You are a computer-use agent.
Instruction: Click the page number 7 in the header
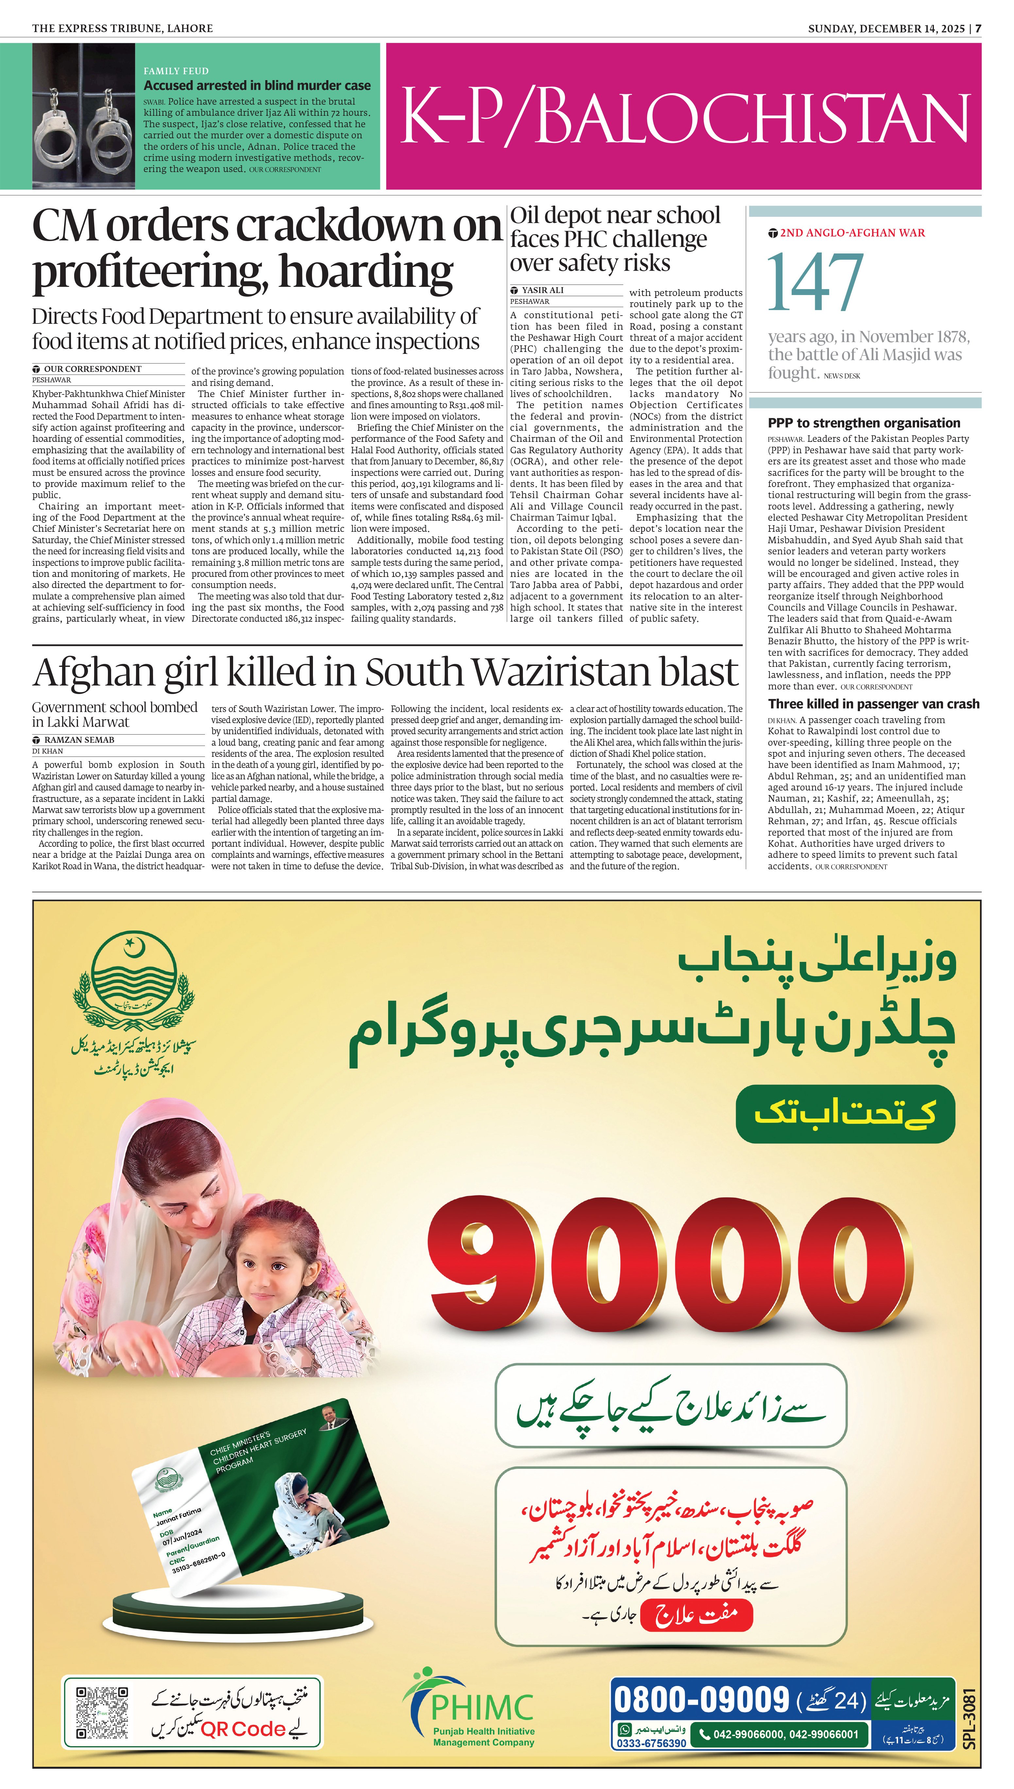(978, 28)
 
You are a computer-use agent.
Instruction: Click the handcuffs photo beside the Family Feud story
(84, 116)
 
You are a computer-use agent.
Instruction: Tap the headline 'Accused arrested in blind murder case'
(257, 86)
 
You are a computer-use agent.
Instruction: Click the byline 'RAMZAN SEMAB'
(79, 739)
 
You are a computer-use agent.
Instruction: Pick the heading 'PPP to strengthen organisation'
(864, 423)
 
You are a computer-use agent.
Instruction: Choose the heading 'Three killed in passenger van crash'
(873, 704)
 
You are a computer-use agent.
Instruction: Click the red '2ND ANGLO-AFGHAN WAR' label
(852, 233)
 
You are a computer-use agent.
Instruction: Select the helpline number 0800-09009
(701, 1700)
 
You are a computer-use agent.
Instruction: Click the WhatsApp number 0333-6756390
(650, 1743)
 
